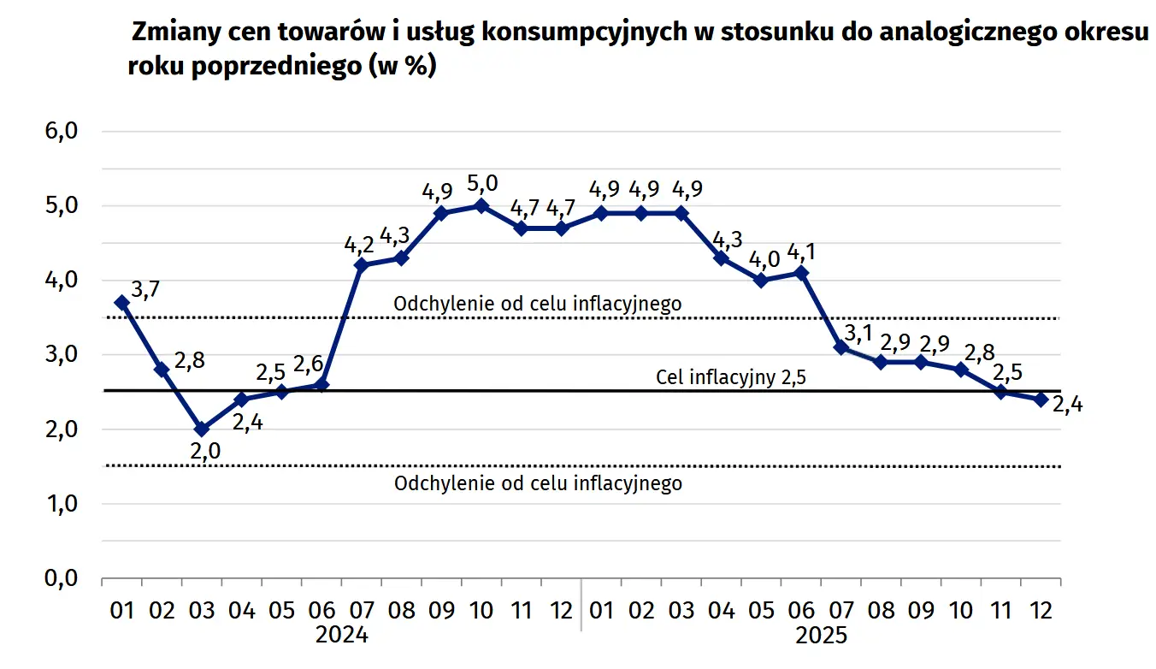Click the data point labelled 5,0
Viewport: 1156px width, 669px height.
point(481,205)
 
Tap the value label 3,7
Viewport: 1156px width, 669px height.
point(146,290)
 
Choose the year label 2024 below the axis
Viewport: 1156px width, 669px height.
point(341,636)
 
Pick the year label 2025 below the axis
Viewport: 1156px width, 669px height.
point(821,636)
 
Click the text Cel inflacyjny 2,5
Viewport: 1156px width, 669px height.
point(731,376)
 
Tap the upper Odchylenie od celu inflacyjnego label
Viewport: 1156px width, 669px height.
point(537,303)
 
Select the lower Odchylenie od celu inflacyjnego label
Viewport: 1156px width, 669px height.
point(538,483)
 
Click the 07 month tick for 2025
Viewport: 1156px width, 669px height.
point(841,610)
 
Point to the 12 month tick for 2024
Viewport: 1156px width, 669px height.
point(561,610)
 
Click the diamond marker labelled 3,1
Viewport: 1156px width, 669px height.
point(841,346)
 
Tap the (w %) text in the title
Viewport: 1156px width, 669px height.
point(402,67)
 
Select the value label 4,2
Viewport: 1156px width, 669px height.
point(360,246)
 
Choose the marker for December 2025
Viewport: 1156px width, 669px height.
point(1041,400)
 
